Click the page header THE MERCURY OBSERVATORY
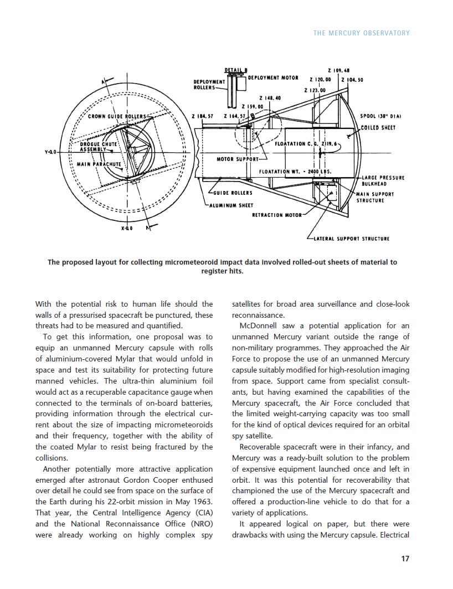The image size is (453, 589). pyautogui.click(x=361, y=33)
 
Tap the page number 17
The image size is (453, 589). pyautogui.click(x=405, y=559)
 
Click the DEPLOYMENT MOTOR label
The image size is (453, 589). pyautogui.click(x=273, y=77)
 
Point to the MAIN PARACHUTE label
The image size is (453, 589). pyautogui.click(x=99, y=164)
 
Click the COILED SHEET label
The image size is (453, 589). pyautogui.click(x=378, y=128)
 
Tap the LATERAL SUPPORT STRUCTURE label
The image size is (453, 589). pyautogui.click(x=351, y=239)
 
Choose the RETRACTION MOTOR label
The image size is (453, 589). pyautogui.click(x=277, y=215)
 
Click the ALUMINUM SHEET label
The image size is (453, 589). pyautogui.click(x=231, y=205)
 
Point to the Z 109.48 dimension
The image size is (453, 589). pyautogui.click(x=338, y=70)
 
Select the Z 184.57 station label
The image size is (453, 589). pyautogui.click(x=202, y=116)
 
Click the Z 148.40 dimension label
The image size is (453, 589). pyautogui.click(x=270, y=97)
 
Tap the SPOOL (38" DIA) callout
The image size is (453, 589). pyautogui.click(x=380, y=116)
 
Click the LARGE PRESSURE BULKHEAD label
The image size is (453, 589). pyautogui.click(x=383, y=180)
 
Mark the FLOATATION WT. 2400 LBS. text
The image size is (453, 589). pyautogui.click(x=295, y=171)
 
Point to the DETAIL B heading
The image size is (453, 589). pyautogui.click(x=236, y=70)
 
